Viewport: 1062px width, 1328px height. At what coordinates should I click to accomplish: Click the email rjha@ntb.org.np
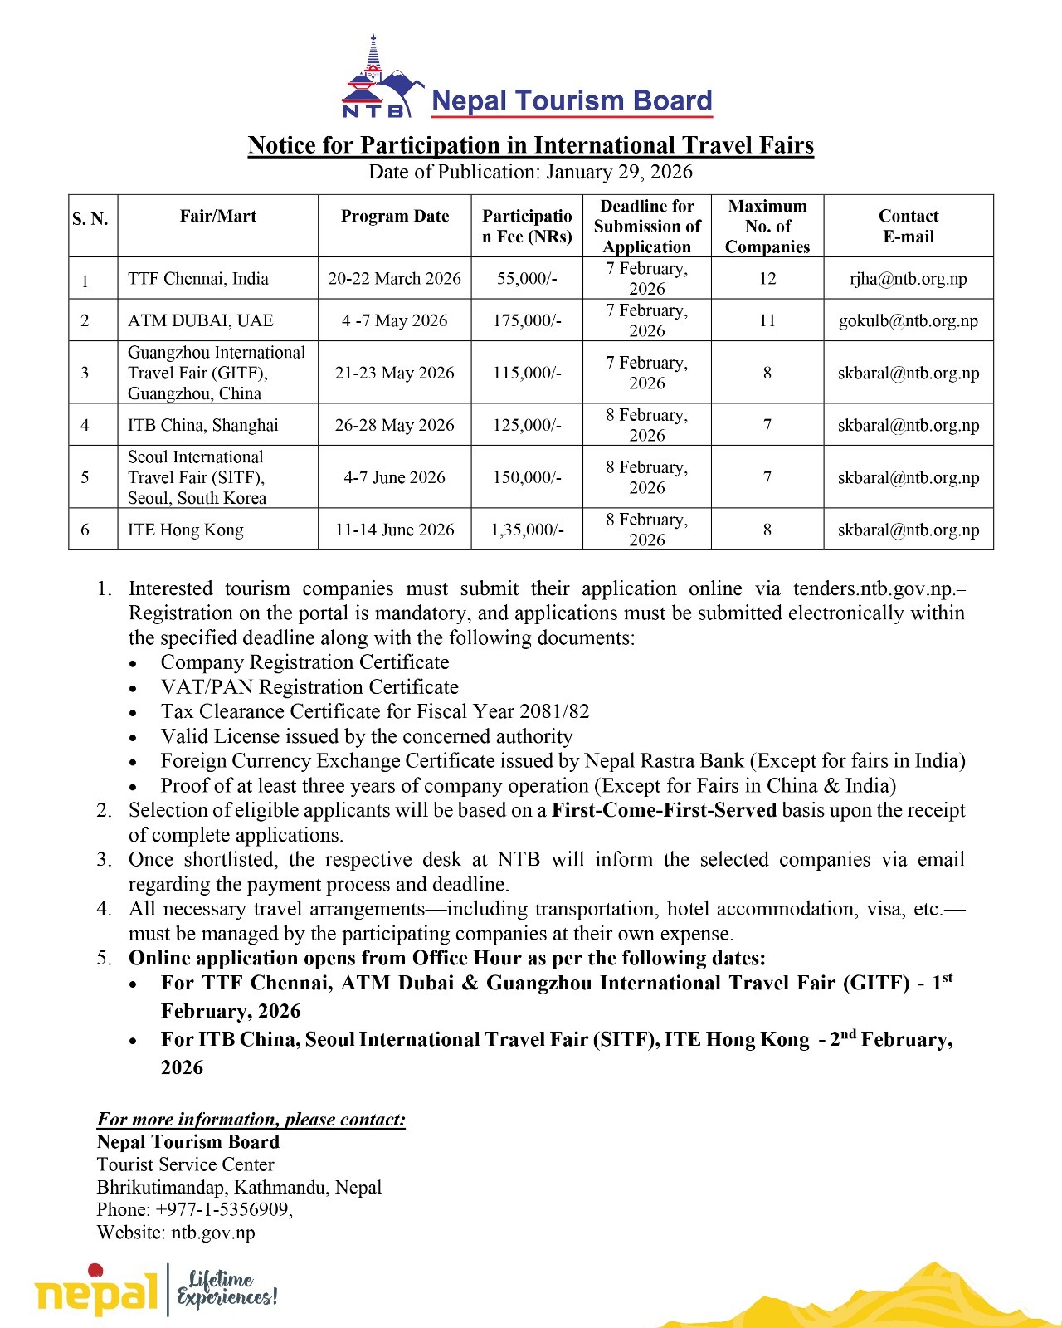click(x=908, y=279)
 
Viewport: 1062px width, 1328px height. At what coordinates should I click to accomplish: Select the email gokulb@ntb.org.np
click(x=908, y=321)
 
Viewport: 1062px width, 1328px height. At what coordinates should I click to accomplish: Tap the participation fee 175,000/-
click(x=527, y=321)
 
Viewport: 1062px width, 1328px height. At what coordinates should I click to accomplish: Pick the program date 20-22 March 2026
click(x=394, y=279)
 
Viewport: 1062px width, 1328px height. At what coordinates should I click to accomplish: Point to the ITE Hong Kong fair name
click(x=185, y=530)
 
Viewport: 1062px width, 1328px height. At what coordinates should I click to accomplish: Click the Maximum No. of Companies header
click(x=767, y=227)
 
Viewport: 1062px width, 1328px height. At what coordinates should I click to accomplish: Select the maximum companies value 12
click(x=767, y=279)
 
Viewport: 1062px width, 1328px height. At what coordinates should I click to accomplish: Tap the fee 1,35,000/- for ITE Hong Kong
click(x=527, y=530)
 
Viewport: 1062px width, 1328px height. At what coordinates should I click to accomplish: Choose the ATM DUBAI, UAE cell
click(x=200, y=321)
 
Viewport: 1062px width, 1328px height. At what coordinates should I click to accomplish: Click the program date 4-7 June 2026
click(x=394, y=478)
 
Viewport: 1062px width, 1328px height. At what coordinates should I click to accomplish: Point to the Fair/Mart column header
click(x=217, y=217)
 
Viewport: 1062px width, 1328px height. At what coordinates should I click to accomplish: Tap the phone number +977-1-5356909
click(x=223, y=1210)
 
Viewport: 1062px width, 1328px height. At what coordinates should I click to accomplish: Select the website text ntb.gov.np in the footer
click(x=213, y=1233)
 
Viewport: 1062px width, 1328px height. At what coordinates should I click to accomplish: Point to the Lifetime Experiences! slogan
click(x=226, y=1289)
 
